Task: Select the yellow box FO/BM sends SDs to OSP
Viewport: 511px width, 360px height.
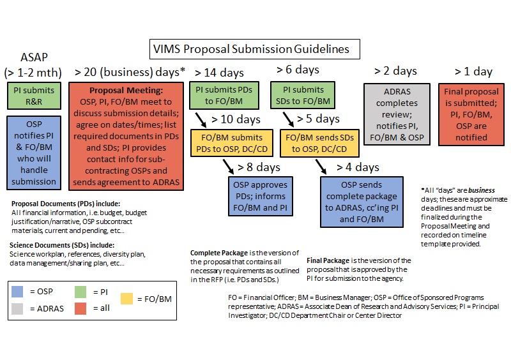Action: tap(319, 144)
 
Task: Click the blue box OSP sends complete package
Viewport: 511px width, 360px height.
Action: tap(362, 202)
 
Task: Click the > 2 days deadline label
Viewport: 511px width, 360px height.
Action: tap(395, 71)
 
